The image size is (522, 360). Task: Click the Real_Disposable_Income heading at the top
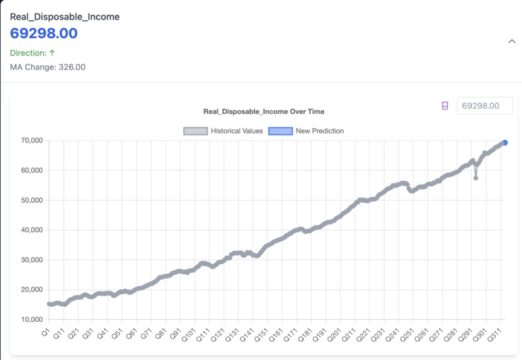click(x=65, y=17)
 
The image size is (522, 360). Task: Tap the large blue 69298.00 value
click(x=44, y=34)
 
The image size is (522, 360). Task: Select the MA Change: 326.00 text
click(x=47, y=67)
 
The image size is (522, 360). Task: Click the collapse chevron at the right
click(x=512, y=41)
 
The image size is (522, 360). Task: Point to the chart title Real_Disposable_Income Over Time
click(x=264, y=111)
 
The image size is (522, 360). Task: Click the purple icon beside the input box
click(x=445, y=106)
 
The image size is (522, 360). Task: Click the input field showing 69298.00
click(x=484, y=106)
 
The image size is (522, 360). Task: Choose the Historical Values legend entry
click(x=223, y=131)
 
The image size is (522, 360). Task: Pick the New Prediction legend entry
click(x=306, y=131)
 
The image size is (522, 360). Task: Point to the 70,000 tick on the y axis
click(x=31, y=141)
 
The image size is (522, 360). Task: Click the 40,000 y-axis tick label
click(x=31, y=230)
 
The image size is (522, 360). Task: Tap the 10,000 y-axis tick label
click(x=31, y=319)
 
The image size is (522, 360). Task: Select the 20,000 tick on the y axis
click(x=31, y=289)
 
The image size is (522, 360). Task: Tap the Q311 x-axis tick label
click(x=493, y=337)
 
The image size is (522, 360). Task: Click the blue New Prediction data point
click(x=505, y=143)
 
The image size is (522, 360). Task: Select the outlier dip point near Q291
click(x=476, y=177)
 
